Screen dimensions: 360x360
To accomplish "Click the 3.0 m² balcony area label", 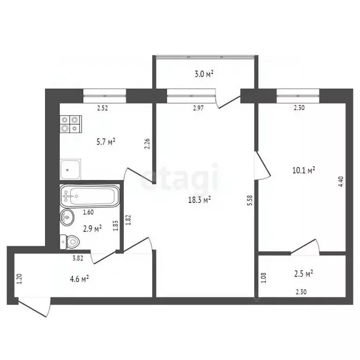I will click(204, 73).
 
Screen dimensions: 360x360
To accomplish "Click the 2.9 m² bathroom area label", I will click(92, 229).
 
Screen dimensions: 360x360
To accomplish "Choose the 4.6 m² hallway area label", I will click(79, 279).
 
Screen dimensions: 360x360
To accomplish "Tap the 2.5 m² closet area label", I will click(304, 272).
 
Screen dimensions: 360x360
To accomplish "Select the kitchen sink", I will click(70, 169).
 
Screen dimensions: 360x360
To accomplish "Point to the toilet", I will click(71, 242).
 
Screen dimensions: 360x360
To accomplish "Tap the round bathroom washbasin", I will click(67, 217).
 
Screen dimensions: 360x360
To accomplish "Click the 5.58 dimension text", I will click(250, 201).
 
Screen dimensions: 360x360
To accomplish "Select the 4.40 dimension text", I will click(341, 181).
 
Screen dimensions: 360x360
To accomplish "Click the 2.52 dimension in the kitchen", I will click(103, 108).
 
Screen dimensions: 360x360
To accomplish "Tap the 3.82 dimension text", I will click(78, 258).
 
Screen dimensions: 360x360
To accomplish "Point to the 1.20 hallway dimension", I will click(19, 280).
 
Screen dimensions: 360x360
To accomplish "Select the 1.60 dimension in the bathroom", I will click(88, 212).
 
